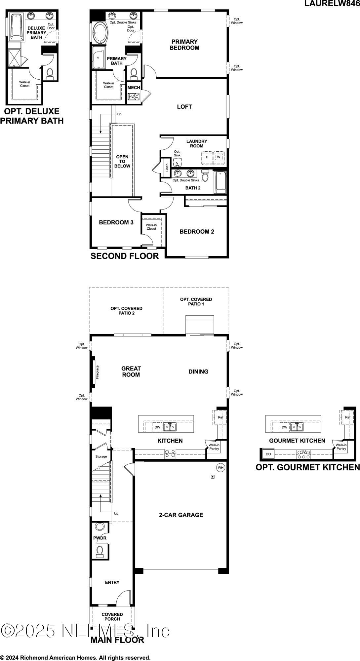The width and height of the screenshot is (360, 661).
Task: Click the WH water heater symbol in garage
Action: pos(220,467)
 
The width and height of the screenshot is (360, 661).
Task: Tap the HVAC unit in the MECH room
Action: pos(134,97)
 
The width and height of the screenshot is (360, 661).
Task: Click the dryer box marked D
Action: pos(207,157)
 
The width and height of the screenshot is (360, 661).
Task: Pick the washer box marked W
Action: pos(219,157)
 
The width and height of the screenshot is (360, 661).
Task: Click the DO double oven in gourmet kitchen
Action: pos(268,454)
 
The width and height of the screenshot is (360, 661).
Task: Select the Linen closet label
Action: pos(167,168)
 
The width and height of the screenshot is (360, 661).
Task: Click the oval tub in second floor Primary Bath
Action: pos(100,33)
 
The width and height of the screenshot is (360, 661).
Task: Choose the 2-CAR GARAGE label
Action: pos(181,515)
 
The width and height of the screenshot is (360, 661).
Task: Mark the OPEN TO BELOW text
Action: pos(122,161)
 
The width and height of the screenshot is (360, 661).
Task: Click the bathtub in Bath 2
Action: pos(220,182)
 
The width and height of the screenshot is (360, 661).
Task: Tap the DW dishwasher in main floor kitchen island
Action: pos(157,427)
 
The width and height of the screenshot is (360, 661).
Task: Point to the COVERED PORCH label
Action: pos(112,616)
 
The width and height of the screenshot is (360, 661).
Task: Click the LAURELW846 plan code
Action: pos(332,4)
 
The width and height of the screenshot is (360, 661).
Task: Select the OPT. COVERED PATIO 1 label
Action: pos(196,301)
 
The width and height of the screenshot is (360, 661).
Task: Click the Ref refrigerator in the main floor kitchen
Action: pos(220,417)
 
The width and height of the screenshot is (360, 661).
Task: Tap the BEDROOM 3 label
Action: pos(116,222)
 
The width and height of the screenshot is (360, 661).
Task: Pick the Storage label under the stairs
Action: pos(101,456)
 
